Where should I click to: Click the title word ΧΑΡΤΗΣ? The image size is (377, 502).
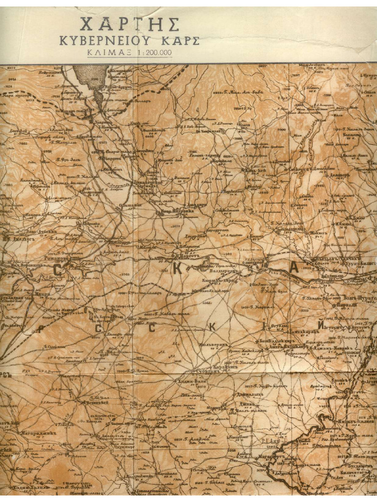[130, 24]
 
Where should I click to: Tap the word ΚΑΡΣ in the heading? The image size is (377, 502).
[181, 41]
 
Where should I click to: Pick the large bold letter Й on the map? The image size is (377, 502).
[321, 325]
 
